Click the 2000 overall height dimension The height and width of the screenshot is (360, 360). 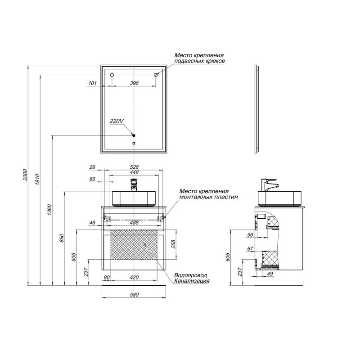pyautogui.click(x=25, y=175)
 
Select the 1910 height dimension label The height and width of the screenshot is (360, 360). pyautogui.click(x=37, y=180)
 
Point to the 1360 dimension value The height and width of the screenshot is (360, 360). pyautogui.click(x=49, y=210)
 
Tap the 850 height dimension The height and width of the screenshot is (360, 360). pyautogui.click(x=62, y=238)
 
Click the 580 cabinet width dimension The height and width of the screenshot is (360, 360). pyautogui.click(x=134, y=295)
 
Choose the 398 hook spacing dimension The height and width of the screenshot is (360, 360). pyautogui.click(x=134, y=83)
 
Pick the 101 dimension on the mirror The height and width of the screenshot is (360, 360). pyautogui.click(x=92, y=83)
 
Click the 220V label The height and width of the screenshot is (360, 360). pyautogui.click(x=117, y=121)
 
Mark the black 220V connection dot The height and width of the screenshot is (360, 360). pyautogui.click(x=134, y=135)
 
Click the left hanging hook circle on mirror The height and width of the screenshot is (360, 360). pyautogui.click(x=112, y=75)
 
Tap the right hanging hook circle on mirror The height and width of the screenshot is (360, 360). pyautogui.click(x=156, y=75)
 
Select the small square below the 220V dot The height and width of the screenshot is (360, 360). pyautogui.click(x=134, y=143)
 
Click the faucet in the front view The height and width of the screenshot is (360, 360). pyautogui.click(x=134, y=185)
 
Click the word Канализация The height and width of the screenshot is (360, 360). pyautogui.click(x=192, y=281)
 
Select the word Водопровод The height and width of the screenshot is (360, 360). pyautogui.click(x=190, y=275)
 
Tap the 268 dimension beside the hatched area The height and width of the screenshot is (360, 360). pyautogui.click(x=173, y=244)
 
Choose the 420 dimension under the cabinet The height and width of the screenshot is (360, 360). pyautogui.click(x=134, y=277)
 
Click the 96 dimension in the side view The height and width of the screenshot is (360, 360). pyautogui.click(x=250, y=234)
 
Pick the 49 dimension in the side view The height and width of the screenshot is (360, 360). pyautogui.click(x=270, y=274)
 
